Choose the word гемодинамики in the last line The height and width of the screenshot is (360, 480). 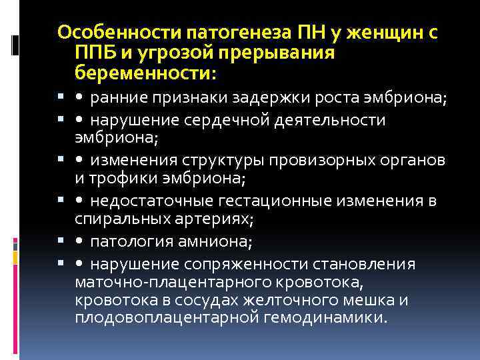tap(325, 317)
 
